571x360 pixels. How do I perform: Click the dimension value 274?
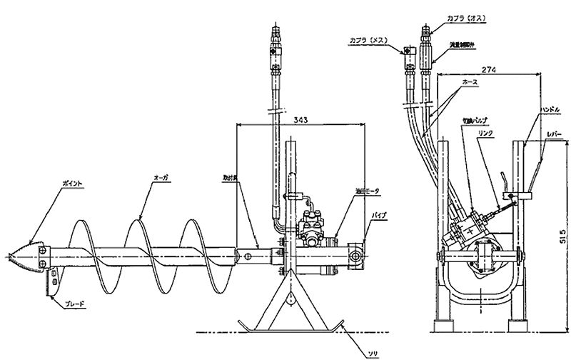tap(488, 70)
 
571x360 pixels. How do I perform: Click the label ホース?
tap(470, 83)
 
